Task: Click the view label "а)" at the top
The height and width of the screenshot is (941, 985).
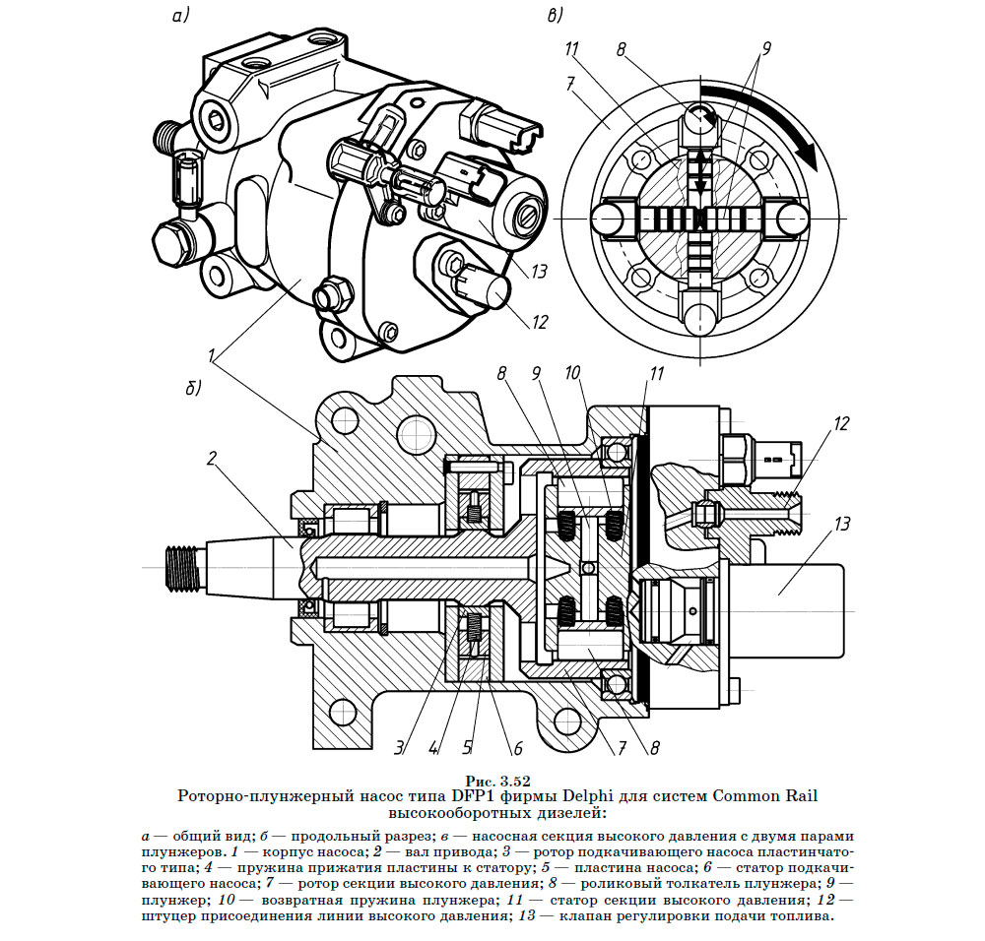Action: (x=179, y=16)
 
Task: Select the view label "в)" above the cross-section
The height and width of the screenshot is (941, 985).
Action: (x=557, y=16)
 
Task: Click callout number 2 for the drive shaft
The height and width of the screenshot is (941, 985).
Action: (x=211, y=458)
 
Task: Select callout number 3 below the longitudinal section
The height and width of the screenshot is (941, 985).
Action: (x=400, y=745)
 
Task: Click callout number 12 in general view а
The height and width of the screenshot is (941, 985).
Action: (x=538, y=321)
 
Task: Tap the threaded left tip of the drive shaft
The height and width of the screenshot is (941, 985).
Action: (x=181, y=567)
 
